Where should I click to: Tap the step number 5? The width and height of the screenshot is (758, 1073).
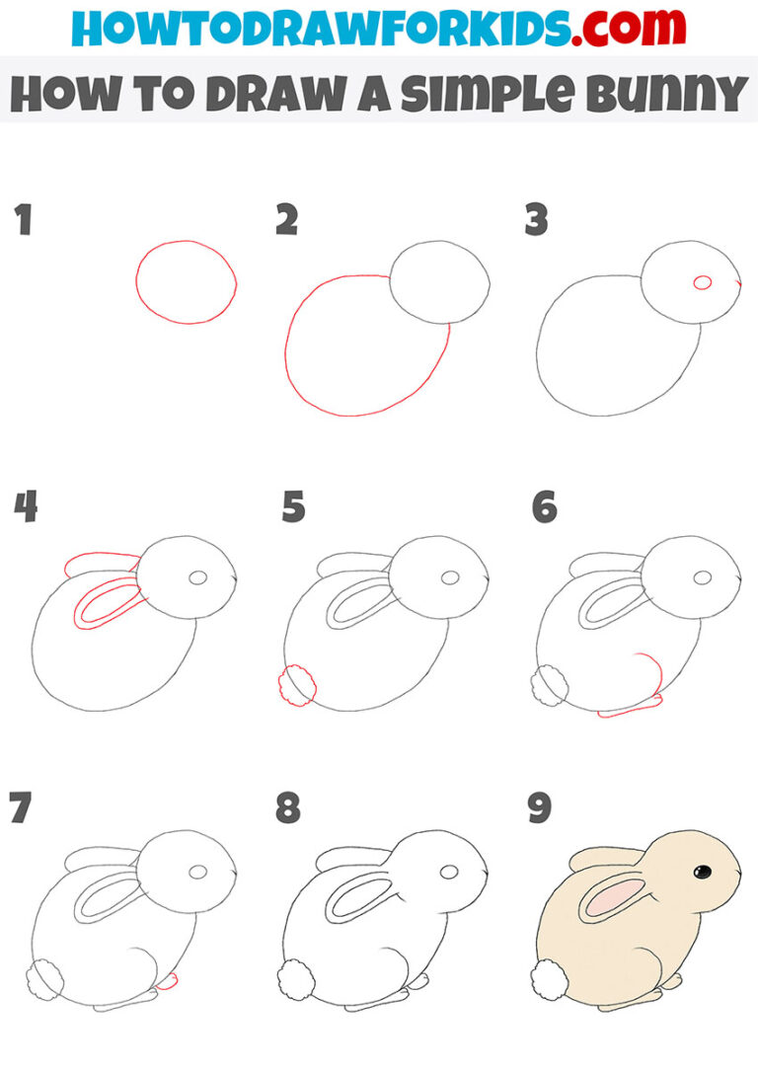293,508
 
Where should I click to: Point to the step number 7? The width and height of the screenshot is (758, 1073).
20,808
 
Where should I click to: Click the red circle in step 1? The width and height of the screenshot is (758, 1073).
186,282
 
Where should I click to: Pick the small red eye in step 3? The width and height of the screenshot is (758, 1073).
703,282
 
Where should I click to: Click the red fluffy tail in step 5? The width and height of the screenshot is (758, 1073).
298,685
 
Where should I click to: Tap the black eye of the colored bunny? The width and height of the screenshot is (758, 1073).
703,872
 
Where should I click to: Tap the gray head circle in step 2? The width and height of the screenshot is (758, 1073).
439,281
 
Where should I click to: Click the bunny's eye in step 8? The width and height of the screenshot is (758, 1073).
451,873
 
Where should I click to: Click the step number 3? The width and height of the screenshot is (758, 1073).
536,221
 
